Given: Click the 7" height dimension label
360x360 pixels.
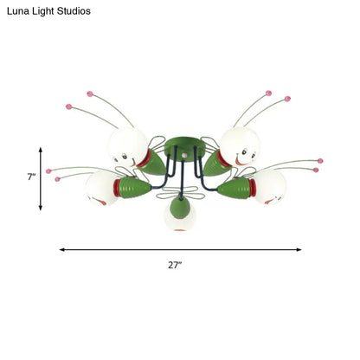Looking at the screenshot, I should tap(31, 177).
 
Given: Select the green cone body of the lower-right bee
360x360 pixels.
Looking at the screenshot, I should tap(232, 186).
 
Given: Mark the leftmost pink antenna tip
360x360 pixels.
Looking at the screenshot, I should tap(48, 170).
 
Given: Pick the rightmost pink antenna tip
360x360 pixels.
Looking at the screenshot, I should tap(321, 161).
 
